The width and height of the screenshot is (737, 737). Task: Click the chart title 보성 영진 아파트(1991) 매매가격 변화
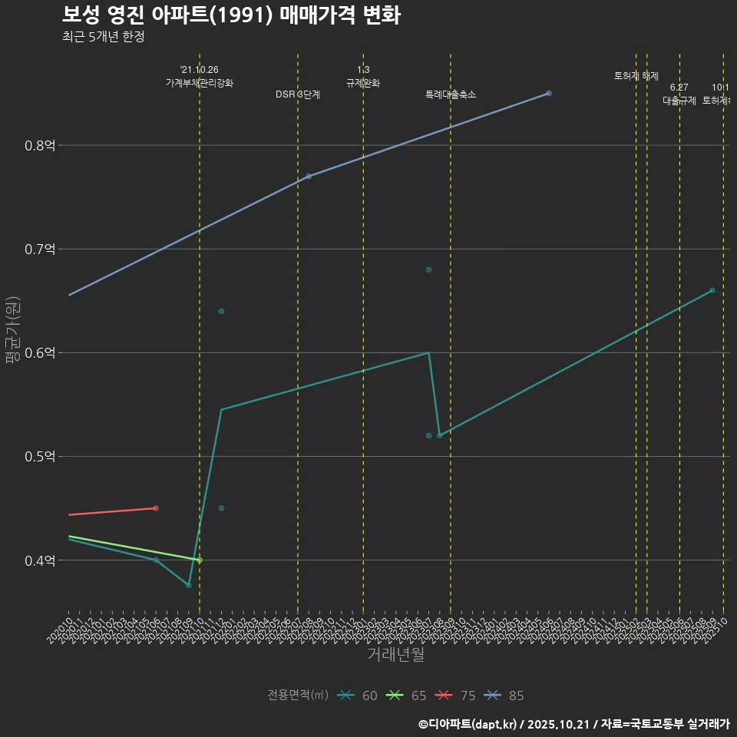point(230,15)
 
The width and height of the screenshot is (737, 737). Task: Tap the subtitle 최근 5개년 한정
point(103,36)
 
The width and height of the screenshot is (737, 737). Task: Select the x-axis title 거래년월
point(395,655)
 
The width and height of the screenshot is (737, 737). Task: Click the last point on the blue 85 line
point(549,93)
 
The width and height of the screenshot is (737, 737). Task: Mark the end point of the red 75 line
point(156,508)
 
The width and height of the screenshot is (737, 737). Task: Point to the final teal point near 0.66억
point(712,290)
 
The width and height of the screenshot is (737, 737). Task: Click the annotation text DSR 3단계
point(298,94)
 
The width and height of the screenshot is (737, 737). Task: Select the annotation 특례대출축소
point(451,94)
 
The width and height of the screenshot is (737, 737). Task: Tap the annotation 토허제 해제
point(636,76)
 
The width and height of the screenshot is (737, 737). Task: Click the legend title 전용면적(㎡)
point(298,696)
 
